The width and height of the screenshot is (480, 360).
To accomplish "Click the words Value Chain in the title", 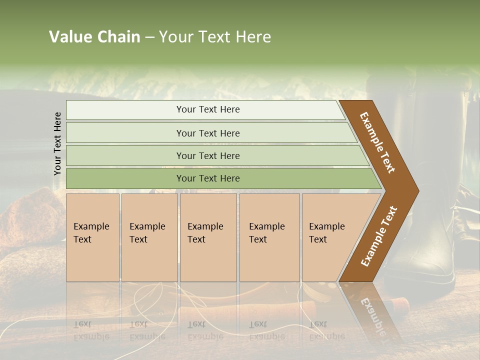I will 94,37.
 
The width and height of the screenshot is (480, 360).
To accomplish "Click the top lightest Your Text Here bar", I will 207,109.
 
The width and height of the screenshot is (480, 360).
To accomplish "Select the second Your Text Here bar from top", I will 207,133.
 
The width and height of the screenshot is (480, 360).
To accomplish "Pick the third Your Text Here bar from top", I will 207,155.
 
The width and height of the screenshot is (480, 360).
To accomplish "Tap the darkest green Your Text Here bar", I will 207,178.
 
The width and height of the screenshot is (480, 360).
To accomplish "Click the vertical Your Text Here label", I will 57,143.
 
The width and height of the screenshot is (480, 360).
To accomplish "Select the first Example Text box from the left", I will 92,237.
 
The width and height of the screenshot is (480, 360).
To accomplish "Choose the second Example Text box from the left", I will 149,237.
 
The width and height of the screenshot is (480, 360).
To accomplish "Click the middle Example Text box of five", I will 208,237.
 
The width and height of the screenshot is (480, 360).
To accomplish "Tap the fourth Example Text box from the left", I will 269,237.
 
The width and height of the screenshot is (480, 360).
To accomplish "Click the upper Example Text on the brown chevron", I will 377,142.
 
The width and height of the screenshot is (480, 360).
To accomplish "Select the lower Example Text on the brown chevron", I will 378,236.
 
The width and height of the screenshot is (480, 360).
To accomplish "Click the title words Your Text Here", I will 215,37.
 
